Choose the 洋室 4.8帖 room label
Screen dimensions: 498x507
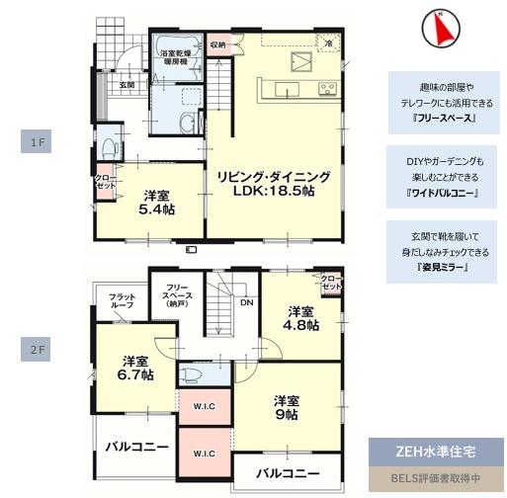coord(298,319)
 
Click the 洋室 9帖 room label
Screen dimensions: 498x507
coord(287,407)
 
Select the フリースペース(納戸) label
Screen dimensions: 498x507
coord(179,296)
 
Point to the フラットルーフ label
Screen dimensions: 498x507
coord(123,301)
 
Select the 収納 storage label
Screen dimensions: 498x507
coord(218,44)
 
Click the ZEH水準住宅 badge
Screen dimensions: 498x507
coord(436,453)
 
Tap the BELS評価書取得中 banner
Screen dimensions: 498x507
coord(436,479)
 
